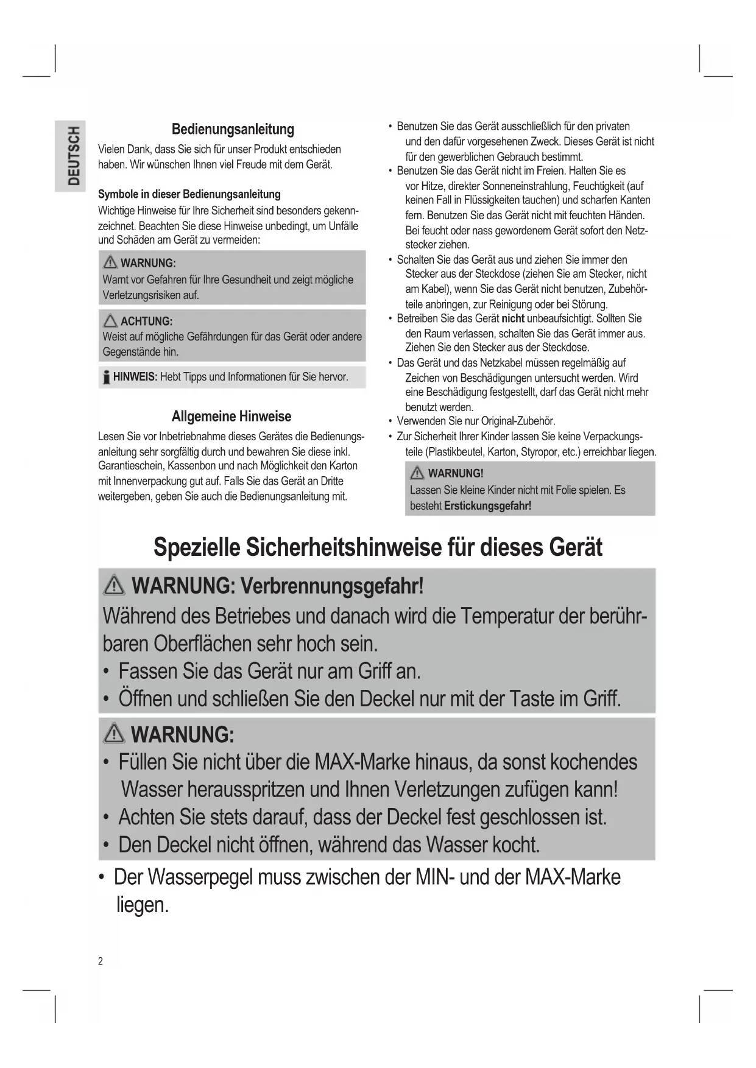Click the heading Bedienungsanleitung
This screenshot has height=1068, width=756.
point(233,129)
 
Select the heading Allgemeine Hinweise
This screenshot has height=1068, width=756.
point(231,416)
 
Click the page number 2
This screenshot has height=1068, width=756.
point(101,961)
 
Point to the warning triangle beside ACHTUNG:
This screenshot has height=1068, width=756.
point(110,320)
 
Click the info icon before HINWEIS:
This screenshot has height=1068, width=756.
point(106,377)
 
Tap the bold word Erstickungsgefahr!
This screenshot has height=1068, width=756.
point(487,505)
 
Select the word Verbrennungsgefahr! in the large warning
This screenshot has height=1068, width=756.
point(332,586)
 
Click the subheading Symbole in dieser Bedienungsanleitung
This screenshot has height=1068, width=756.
point(189,194)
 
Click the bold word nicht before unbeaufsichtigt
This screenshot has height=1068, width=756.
point(513,318)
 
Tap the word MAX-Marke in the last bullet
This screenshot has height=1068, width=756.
point(573,877)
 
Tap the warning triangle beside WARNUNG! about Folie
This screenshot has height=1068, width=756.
point(417,473)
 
